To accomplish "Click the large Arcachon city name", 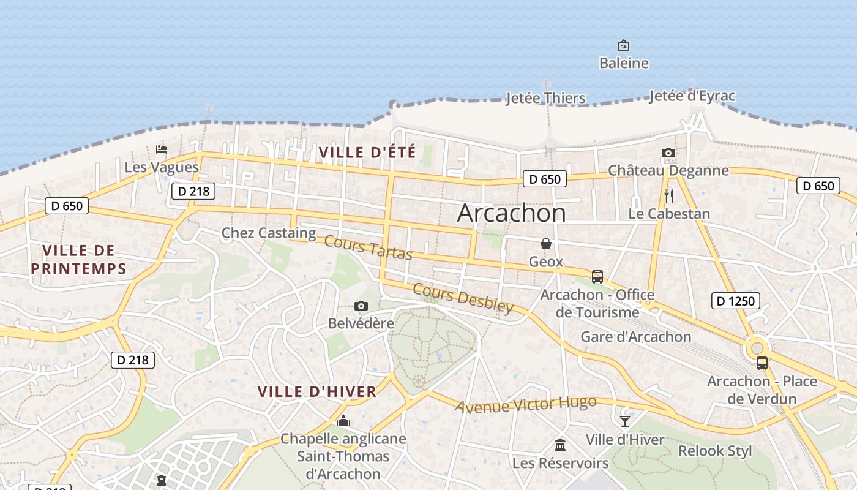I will point(511,213).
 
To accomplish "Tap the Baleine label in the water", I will point(624,63).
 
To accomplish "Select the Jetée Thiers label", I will point(545,98).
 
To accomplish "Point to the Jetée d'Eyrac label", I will point(692,96).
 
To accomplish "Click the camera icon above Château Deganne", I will point(668,153).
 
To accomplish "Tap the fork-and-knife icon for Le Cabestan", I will point(669,196).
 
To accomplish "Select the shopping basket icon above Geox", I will point(545,244).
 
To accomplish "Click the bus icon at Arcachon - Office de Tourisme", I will point(597,276).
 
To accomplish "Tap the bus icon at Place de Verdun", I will point(762,363).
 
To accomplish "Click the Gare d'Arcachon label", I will point(635,337).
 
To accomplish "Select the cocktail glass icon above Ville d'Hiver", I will point(624,421).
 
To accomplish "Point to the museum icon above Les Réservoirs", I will point(560,445).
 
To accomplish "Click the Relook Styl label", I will point(715,451).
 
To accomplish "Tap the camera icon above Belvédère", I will point(361,306).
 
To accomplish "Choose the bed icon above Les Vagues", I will point(162,149).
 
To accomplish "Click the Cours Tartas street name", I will point(369,247).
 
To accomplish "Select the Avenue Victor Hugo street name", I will point(525,405).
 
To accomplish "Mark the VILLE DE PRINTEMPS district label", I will point(78,259).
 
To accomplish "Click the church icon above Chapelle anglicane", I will point(343,421).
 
